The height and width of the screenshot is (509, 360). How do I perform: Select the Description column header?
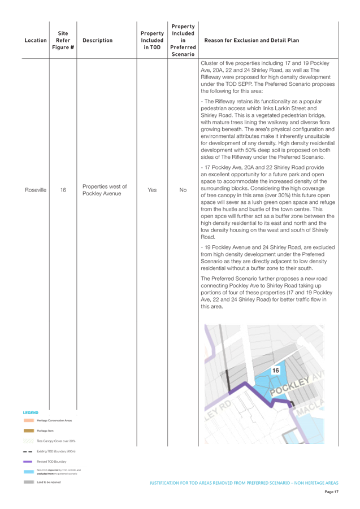97,41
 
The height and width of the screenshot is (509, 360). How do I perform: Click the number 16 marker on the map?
276,371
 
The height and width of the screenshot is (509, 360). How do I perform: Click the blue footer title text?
243,482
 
